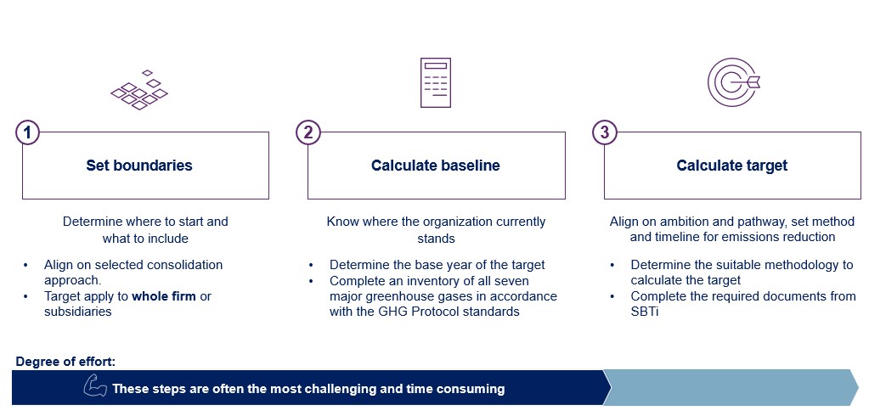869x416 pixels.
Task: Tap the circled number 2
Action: [308, 133]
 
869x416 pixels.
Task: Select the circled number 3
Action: [604, 133]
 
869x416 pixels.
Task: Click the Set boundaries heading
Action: [139, 165]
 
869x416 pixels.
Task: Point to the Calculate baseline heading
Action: [436, 165]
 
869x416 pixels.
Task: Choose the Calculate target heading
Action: [732, 165]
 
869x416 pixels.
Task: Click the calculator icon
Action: [436, 82]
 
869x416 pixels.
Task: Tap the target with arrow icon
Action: [733, 82]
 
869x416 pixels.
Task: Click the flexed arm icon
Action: [95, 386]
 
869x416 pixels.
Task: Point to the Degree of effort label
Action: [66, 362]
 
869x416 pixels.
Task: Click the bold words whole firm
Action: [164, 296]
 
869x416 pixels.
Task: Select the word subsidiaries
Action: [77, 312]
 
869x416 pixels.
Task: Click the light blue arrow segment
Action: [731, 387]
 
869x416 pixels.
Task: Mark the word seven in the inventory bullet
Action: [512, 281]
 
